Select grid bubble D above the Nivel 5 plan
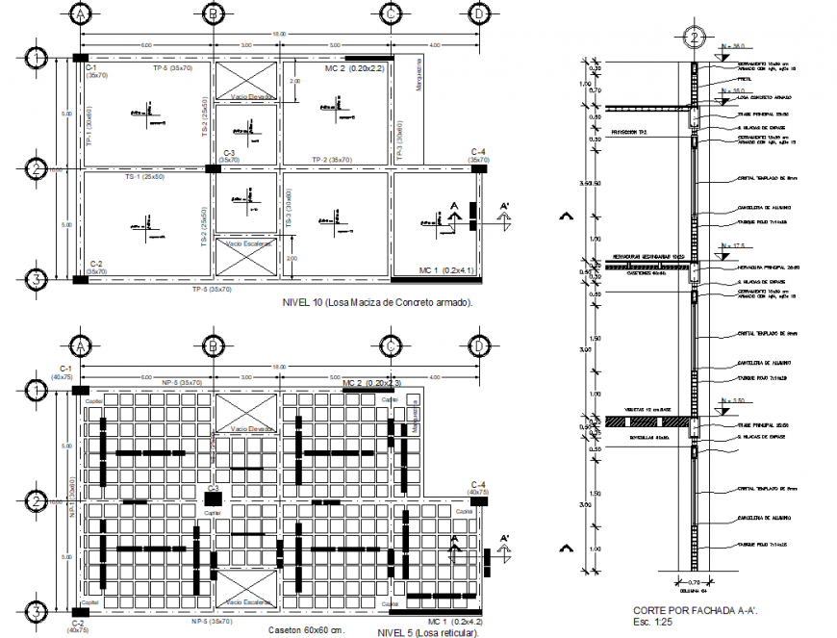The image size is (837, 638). click(477, 345)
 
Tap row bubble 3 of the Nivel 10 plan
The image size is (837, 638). click(36, 280)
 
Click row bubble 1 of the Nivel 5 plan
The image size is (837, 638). click(36, 390)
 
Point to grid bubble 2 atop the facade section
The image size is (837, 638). click(693, 38)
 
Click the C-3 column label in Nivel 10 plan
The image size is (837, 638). click(229, 153)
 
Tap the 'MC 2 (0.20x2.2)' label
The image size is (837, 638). click(353, 69)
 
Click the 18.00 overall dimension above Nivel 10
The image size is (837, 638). click(279, 35)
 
